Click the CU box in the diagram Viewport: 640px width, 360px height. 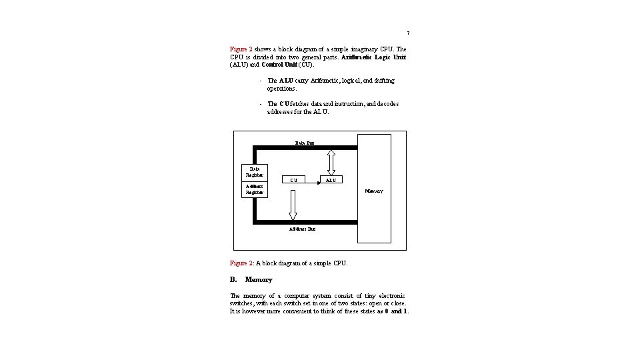point(294,179)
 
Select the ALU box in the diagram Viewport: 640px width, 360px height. point(332,179)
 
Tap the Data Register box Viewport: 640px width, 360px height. point(255,172)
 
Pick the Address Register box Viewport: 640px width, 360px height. point(254,189)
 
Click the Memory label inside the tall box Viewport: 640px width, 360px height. point(373,191)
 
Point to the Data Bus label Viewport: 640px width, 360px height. point(304,143)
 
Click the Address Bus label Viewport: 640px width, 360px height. point(302,229)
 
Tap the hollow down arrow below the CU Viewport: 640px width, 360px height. point(292,205)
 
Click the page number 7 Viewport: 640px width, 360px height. point(408,33)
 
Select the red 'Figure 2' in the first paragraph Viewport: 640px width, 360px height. point(241,49)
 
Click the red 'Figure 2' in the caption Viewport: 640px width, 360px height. point(241,263)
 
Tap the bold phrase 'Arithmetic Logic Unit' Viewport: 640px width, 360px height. point(373,57)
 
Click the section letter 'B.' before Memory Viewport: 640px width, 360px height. point(233,279)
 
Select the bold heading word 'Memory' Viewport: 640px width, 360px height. point(259,279)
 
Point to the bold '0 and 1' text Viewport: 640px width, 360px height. point(397,311)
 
